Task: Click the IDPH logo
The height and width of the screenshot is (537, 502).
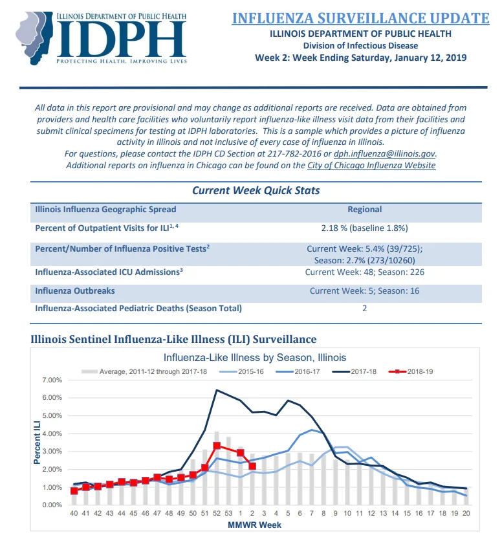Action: [x=102, y=38]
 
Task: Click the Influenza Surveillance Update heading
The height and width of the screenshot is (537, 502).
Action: [x=360, y=18]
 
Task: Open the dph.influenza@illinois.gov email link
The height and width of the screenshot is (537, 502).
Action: [x=384, y=154]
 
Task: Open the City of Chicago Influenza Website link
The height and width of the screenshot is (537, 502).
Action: [x=371, y=166]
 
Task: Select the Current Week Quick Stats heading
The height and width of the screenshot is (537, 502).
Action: [x=256, y=190]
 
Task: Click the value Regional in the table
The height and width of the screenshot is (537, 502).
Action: [x=365, y=209]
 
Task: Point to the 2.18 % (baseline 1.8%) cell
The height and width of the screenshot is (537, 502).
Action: [x=365, y=228]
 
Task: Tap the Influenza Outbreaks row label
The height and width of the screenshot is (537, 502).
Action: [x=75, y=290]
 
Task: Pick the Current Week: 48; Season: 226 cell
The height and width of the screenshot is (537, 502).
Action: [x=365, y=272]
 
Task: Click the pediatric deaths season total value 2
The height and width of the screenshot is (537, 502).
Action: [x=365, y=308]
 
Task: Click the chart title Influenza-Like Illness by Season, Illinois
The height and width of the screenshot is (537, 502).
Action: [x=255, y=358]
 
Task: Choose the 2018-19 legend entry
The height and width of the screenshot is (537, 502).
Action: [x=411, y=371]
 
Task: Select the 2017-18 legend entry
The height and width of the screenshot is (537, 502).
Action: [x=355, y=371]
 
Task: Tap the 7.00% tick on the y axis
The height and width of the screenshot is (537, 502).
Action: [x=52, y=380]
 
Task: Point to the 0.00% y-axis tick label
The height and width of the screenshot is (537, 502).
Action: [x=52, y=505]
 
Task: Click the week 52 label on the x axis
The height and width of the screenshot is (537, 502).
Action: [x=217, y=513]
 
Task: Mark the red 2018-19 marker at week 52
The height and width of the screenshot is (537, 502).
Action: [x=217, y=446]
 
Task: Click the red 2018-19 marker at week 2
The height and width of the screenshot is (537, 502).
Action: [x=252, y=466]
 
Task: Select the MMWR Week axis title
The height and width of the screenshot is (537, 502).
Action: [x=254, y=525]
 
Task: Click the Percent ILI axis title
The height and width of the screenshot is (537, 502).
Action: [x=37, y=443]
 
